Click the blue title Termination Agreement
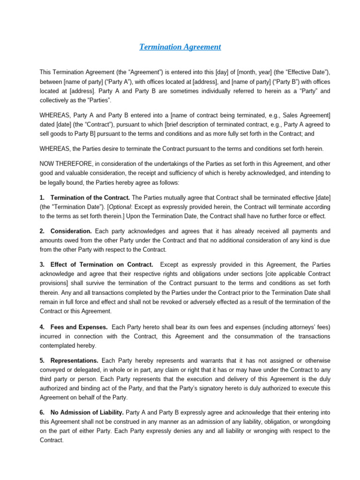coord(180,47)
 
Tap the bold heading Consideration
coord(71,231)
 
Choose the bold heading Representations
coord(74,360)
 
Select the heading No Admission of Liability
coord(87,412)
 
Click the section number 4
coord(42,327)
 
